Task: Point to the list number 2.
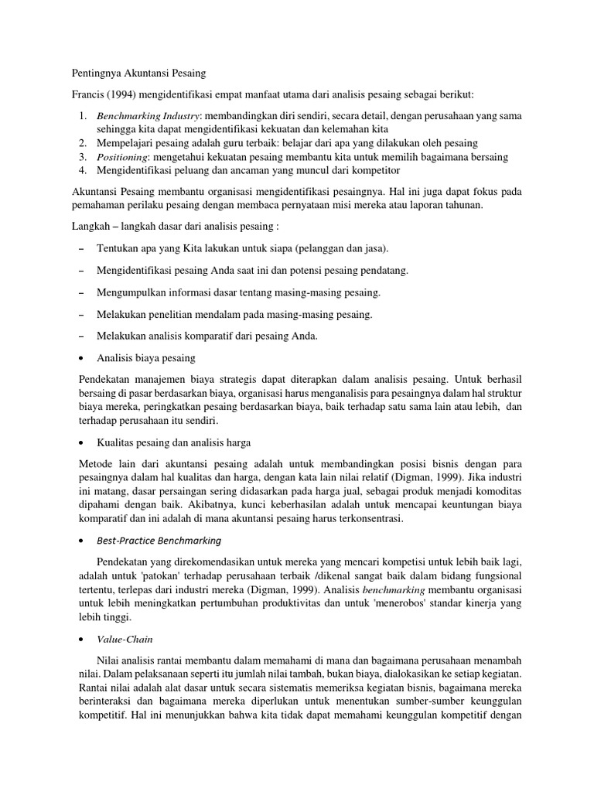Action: pos(83,143)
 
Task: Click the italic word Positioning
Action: pos(125,157)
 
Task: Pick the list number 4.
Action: pos(83,171)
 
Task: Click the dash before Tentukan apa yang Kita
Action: pos(83,248)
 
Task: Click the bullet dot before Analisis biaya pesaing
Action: pos(83,359)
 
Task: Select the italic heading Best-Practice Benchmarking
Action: pos(159,540)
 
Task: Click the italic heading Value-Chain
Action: pos(125,640)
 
